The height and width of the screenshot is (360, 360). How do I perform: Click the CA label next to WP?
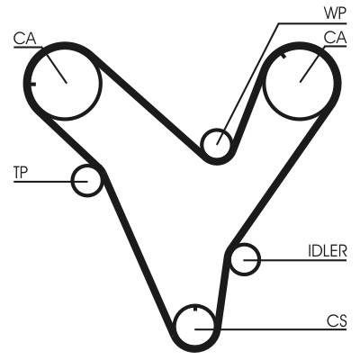[335, 38]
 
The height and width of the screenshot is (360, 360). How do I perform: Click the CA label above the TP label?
[24, 38]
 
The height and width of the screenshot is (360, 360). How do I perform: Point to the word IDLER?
[326, 251]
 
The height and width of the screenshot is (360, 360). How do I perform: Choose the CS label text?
[336, 319]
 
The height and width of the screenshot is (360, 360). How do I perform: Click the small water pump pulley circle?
[216, 142]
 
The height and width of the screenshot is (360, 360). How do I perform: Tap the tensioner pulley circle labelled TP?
[87, 180]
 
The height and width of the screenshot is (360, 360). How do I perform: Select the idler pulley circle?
[244, 260]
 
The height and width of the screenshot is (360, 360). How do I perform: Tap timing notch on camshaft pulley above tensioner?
[33, 84]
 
